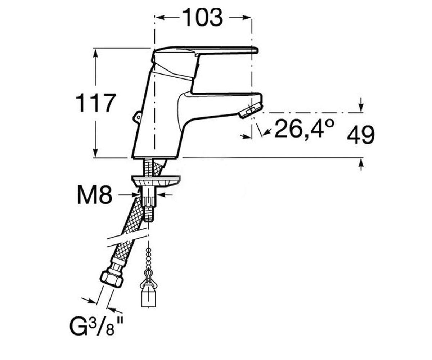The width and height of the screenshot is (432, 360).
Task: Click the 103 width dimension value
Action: pyautogui.click(x=202, y=18)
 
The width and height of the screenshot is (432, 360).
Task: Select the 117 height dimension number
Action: pyautogui.click(x=95, y=103)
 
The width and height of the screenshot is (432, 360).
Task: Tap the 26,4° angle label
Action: pyautogui.click(x=304, y=129)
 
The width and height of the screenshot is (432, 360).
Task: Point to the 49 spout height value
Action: pyautogui.click(x=361, y=135)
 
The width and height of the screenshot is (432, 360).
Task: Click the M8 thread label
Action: pyautogui.click(x=95, y=195)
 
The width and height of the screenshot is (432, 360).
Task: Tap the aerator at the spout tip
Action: pyautogui.click(x=250, y=111)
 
